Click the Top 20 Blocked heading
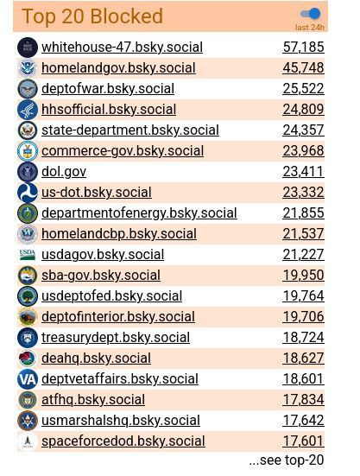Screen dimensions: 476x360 (92, 16)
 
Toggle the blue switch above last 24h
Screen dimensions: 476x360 (309, 14)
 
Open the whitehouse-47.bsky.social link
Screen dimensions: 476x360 (122, 48)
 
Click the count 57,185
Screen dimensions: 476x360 (303, 48)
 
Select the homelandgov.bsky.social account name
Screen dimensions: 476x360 (118, 68)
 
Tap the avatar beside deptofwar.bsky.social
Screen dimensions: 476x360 (28, 89)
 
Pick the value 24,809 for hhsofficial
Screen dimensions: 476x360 (303, 110)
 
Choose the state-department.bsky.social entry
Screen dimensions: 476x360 (129, 130)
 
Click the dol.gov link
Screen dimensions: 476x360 (64, 172)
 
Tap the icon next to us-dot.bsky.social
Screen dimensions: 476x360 (28, 193)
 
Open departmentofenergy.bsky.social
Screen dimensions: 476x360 (139, 213)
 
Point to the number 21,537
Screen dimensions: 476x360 (303, 234)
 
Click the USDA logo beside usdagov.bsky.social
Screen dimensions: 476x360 (28, 255)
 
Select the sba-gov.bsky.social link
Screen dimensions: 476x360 (100, 276)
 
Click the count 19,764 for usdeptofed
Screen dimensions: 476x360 (303, 296)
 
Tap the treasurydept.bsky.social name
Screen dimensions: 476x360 (116, 338)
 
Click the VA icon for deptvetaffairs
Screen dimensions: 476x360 (28, 379)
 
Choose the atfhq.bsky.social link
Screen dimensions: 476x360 (93, 400)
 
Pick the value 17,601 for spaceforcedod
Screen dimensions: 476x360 (303, 441)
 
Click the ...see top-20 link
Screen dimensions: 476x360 (286, 460)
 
